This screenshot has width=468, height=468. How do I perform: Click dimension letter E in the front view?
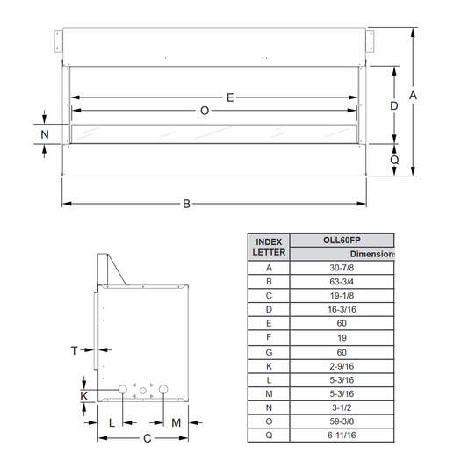click(x=230, y=97)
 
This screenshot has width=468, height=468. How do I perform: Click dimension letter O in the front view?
click(x=205, y=111)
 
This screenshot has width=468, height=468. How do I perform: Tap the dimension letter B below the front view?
click(x=186, y=204)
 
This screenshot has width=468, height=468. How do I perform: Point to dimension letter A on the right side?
click(x=413, y=96)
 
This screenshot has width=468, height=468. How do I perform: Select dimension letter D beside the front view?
click(x=394, y=105)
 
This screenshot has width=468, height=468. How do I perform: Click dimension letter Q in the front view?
click(x=394, y=160)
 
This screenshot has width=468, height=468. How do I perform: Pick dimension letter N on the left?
click(x=45, y=134)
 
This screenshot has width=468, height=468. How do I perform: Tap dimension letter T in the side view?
click(x=75, y=350)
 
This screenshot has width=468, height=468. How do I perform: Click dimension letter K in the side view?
click(x=84, y=396)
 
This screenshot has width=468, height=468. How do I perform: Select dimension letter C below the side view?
click(x=148, y=438)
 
